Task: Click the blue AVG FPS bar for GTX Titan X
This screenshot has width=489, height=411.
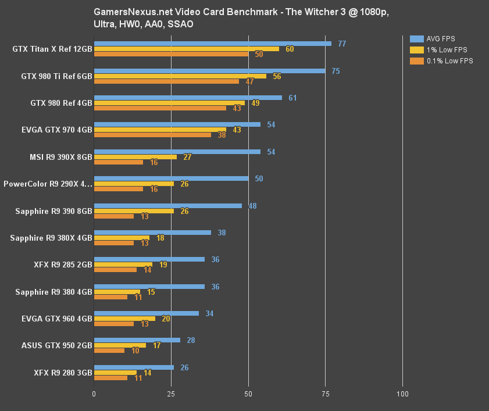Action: [212, 44]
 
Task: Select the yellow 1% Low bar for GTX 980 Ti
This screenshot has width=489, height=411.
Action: [180, 76]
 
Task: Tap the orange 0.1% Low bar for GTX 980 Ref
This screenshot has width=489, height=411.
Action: [160, 108]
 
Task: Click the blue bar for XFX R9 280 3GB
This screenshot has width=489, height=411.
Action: [134, 367]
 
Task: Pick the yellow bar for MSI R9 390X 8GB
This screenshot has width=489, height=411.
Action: [135, 157]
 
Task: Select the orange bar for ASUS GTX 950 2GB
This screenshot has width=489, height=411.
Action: [109, 351]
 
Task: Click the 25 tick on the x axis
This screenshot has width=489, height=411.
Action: [171, 394]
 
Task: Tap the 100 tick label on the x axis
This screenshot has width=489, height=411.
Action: [402, 394]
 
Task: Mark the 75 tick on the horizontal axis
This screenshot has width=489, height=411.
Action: [325, 394]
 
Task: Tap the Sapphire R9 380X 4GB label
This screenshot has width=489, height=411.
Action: [51, 238]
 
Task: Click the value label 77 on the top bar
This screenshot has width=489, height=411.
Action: [342, 44]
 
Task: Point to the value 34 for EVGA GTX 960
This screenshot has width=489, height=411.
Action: [209, 313]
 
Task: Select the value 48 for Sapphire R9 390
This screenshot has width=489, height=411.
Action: [252, 206]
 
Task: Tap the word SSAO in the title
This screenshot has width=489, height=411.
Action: [182, 24]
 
